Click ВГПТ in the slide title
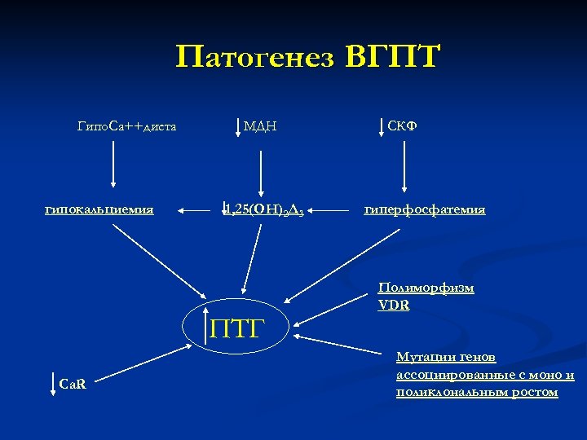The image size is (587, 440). point(393,58)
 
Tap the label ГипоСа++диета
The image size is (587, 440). point(127,126)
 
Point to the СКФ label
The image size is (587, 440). point(403,125)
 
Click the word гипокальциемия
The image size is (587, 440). point(99,209)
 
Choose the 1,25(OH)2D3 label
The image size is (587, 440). point(267,210)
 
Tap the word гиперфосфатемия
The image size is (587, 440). point(425,209)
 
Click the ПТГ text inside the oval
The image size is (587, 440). point(239,328)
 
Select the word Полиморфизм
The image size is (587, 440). point(426,288)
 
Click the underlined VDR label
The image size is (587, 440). point(394,305)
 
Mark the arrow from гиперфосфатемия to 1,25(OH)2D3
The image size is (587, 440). point(330,211)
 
